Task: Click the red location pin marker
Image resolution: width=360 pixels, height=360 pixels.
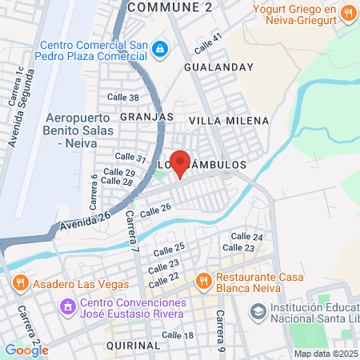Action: pyautogui.click(x=181, y=163)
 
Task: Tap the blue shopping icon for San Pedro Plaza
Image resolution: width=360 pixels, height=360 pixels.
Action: pyautogui.click(x=161, y=50)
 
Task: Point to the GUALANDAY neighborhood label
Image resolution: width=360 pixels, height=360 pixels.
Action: pyautogui.click(x=213, y=69)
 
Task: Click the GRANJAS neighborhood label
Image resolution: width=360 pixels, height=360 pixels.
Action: pyautogui.click(x=146, y=116)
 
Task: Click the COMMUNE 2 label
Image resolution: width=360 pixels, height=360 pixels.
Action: pyautogui.click(x=170, y=7)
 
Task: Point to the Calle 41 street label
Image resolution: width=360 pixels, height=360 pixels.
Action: pyautogui.click(x=207, y=38)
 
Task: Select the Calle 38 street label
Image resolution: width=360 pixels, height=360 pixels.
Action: pyautogui.click(x=127, y=98)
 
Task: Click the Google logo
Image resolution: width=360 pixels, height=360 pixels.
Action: pyautogui.click(x=26, y=350)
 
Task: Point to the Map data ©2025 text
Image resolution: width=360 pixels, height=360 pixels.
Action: pyautogui.click(x=326, y=354)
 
